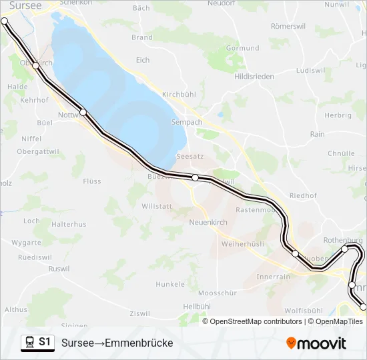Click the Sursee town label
pyautogui.click(x=25, y=5)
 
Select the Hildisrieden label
pyautogui.click(x=254, y=77)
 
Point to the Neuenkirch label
pyautogui.click(x=208, y=222)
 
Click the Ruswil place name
pyautogui.click(x=59, y=269)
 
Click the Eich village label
pyautogui.click(x=143, y=60)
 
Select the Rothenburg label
pyautogui.click(x=342, y=240)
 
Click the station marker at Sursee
pyautogui.click(x=5, y=21)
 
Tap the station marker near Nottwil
pyautogui.click(x=83, y=112)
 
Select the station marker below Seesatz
pyautogui.click(x=195, y=177)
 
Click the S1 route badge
pyautogui.click(x=45, y=342)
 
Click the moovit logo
pyautogui.click(x=316, y=343)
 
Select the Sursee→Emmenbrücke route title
pyautogui.click(x=117, y=343)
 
